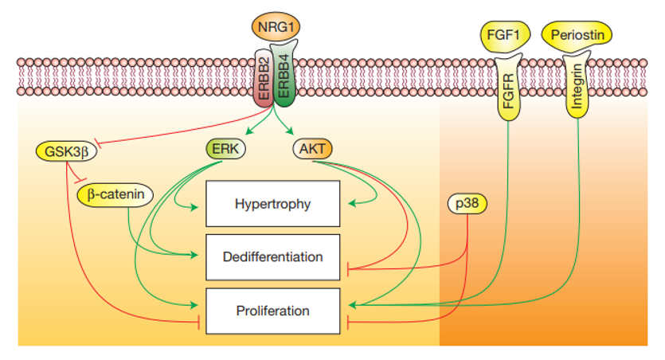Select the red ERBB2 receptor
tap(264, 84)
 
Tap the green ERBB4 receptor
tap(284, 80)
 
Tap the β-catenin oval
tap(115, 193)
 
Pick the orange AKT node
tap(311, 148)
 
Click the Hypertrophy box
tap(272, 203)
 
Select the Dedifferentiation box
tap(272, 256)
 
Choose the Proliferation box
tap(272, 311)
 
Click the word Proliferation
tap(272, 311)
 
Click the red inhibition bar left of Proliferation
tap(198, 323)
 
